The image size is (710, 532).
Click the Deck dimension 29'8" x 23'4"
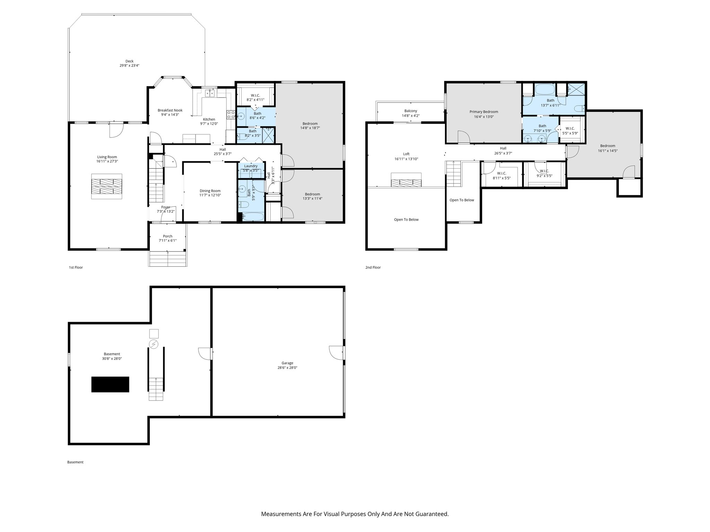[x=129, y=65]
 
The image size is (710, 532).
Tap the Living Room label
[x=107, y=157]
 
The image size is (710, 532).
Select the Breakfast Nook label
[x=170, y=110]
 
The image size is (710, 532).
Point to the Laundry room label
[x=251, y=166]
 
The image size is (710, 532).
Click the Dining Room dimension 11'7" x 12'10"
[x=210, y=195]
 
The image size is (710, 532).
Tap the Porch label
[x=167, y=236]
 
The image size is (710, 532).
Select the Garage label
[x=287, y=363]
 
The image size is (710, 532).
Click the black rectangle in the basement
[x=110, y=384]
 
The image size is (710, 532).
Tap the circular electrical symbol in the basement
[x=153, y=344]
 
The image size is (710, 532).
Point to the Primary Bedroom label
[x=484, y=112]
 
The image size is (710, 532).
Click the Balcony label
[x=410, y=111]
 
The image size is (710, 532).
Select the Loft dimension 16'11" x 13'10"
[x=406, y=159]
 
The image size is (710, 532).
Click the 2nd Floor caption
[x=373, y=267]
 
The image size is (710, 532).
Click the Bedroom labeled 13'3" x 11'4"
[x=312, y=194]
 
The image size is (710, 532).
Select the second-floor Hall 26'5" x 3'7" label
[x=503, y=148]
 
